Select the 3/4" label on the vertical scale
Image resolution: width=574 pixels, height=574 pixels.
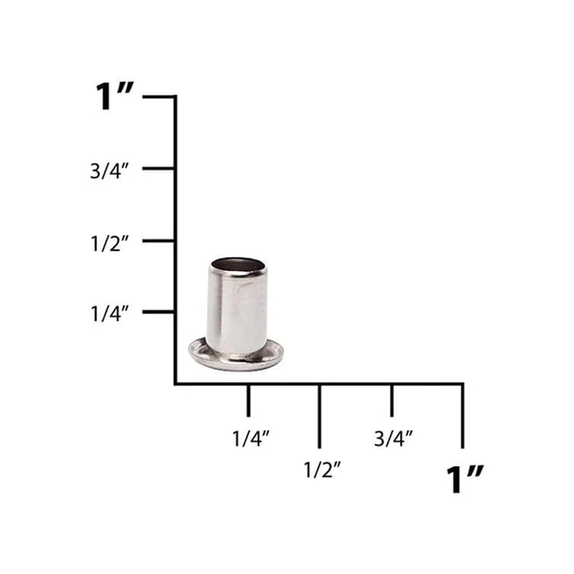110,171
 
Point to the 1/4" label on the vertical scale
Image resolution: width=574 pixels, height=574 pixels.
110,314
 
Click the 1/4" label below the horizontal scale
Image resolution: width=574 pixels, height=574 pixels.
251,438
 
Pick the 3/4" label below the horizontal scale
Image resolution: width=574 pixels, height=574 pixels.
393,438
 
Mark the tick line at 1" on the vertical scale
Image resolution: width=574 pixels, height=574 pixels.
159,97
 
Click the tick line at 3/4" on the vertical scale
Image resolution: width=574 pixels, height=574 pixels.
159,168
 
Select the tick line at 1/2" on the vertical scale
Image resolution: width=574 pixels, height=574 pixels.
159,241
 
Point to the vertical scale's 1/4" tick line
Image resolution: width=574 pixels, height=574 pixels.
159,312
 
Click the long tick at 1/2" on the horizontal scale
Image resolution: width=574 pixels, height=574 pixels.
320,416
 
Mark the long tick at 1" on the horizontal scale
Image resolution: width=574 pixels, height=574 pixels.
462,416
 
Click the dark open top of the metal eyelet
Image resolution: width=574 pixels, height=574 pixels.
237,265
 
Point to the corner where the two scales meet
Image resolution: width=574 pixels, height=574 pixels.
176,383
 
